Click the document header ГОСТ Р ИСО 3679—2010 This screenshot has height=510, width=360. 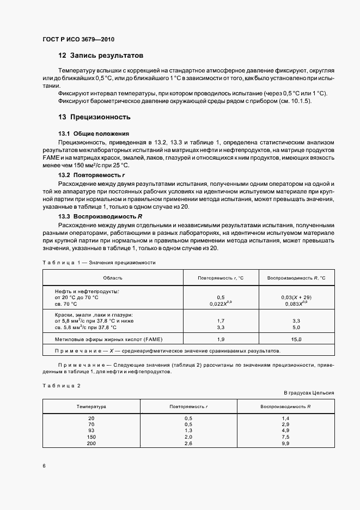tap(78, 40)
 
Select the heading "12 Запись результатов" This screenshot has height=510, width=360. tap(101, 56)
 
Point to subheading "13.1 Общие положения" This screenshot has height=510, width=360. tap(93, 133)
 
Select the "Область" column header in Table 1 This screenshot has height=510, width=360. tap(112, 278)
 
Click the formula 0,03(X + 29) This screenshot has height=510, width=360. tap(297, 297)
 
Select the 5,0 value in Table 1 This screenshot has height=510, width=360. tap(297, 327)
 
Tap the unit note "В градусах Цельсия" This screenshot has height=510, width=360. tap(309, 393)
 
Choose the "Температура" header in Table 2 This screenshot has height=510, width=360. tap(91, 406)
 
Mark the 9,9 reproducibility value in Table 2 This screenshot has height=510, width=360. tap(285, 444)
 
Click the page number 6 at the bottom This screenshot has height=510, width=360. tap(44, 466)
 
